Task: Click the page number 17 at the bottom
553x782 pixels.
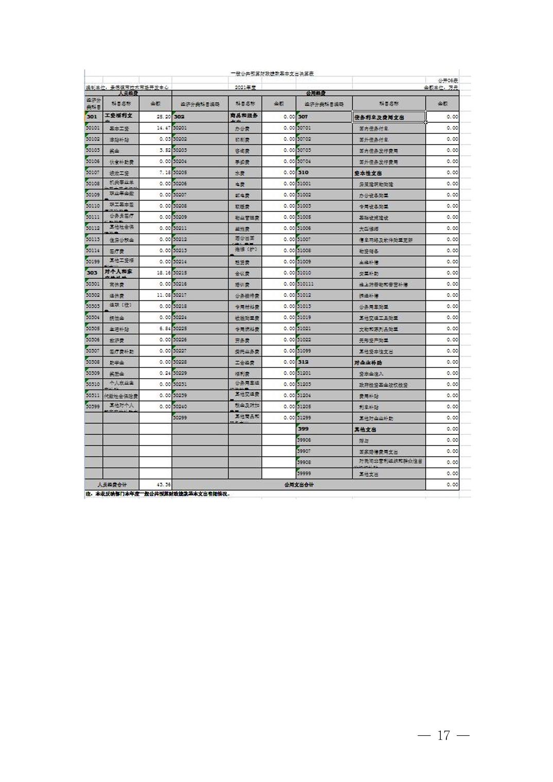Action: click(x=443, y=735)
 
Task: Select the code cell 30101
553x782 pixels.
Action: click(x=93, y=128)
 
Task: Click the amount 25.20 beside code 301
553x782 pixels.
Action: click(x=164, y=117)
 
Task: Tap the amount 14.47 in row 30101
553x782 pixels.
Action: click(x=164, y=128)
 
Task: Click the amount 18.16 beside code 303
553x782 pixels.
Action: click(x=164, y=273)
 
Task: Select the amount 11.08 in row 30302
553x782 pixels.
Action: click(x=164, y=295)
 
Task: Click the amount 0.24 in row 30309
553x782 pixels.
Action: click(x=165, y=374)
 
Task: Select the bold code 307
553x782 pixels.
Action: click(x=303, y=117)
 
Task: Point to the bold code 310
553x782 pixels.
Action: click(x=303, y=173)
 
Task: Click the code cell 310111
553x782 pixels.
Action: click(x=305, y=285)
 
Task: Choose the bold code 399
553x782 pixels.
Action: click(x=303, y=429)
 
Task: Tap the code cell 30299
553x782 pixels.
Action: click(x=180, y=418)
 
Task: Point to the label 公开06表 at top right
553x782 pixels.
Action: click(x=448, y=81)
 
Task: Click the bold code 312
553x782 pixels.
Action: click(x=303, y=362)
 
